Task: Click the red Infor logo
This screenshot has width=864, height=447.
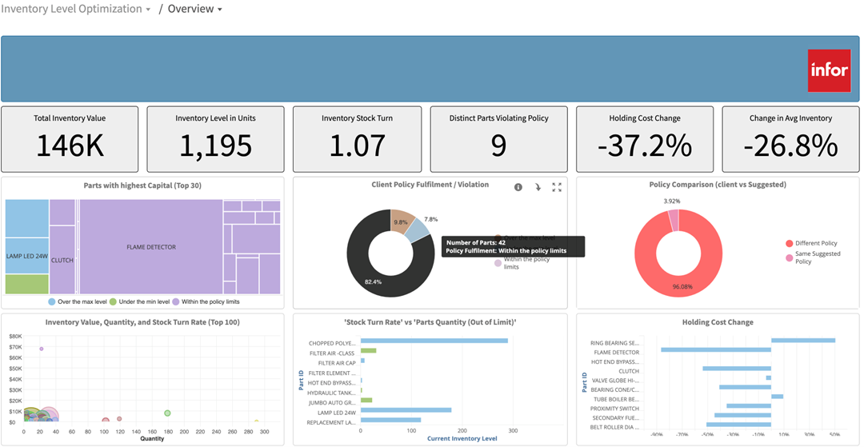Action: (829, 70)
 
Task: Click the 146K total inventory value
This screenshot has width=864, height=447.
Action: (70, 146)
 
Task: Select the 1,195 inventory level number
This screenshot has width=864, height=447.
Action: (215, 146)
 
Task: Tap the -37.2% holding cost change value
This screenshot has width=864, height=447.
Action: (645, 146)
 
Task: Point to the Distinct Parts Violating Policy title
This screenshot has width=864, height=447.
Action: (499, 118)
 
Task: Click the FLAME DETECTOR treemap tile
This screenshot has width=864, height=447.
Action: (150, 247)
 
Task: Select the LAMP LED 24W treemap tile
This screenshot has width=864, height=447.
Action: (26, 256)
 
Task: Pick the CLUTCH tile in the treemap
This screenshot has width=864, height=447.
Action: (62, 260)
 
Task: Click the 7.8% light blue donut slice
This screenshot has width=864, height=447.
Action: (416, 230)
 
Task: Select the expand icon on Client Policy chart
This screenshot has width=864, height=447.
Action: (557, 187)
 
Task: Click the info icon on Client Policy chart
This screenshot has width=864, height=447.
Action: (518, 187)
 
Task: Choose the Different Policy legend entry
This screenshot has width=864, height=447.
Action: (816, 243)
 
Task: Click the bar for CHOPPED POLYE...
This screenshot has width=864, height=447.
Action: (434, 341)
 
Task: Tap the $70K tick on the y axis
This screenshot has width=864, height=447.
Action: (15, 348)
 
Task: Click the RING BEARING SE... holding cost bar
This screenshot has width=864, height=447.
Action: (802, 341)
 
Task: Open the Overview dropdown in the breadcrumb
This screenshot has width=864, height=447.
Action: (194, 9)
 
